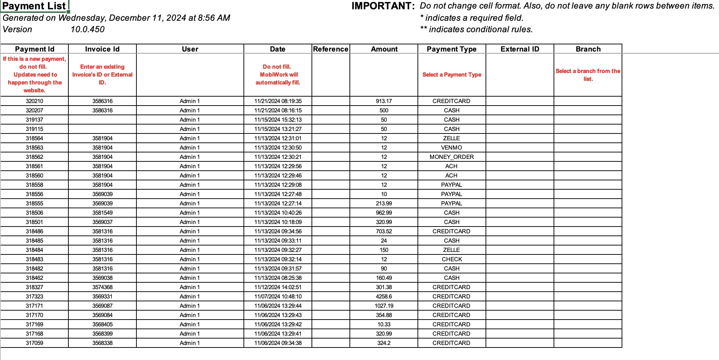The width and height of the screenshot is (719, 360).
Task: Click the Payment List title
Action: (x=34, y=6)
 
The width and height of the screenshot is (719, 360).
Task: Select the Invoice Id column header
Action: (x=102, y=49)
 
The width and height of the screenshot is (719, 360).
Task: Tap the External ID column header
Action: (x=520, y=49)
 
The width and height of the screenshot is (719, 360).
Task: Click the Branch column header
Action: (x=588, y=49)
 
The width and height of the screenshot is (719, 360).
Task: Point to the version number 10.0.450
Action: (x=88, y=29)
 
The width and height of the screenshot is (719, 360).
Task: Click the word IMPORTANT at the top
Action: (x=383, y=6)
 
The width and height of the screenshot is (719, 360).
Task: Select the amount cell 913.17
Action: (x=384, y=101)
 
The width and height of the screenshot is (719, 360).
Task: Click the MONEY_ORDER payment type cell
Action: (x=452, y=157)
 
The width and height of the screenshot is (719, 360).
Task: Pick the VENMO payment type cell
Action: (x=452, y=148)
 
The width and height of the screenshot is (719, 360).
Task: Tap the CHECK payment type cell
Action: (x=452, y=259)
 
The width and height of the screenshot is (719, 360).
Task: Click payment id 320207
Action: (x=34, y=111)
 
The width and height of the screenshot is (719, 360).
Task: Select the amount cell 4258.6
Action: (x=384, y=297)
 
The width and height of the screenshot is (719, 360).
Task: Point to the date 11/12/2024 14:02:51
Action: (x=278, y=287)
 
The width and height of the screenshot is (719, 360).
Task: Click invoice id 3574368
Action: (x=102, y=287)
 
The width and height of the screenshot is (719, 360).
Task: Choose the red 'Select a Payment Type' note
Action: (x=452, y=75)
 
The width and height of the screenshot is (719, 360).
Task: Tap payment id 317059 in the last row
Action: (x=34, y=343)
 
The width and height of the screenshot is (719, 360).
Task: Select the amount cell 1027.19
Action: (x=384, y=306)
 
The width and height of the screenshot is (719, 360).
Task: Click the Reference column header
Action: (x=330, y=49)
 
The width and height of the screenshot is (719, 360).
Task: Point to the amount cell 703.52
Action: (x=384, y=232)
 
